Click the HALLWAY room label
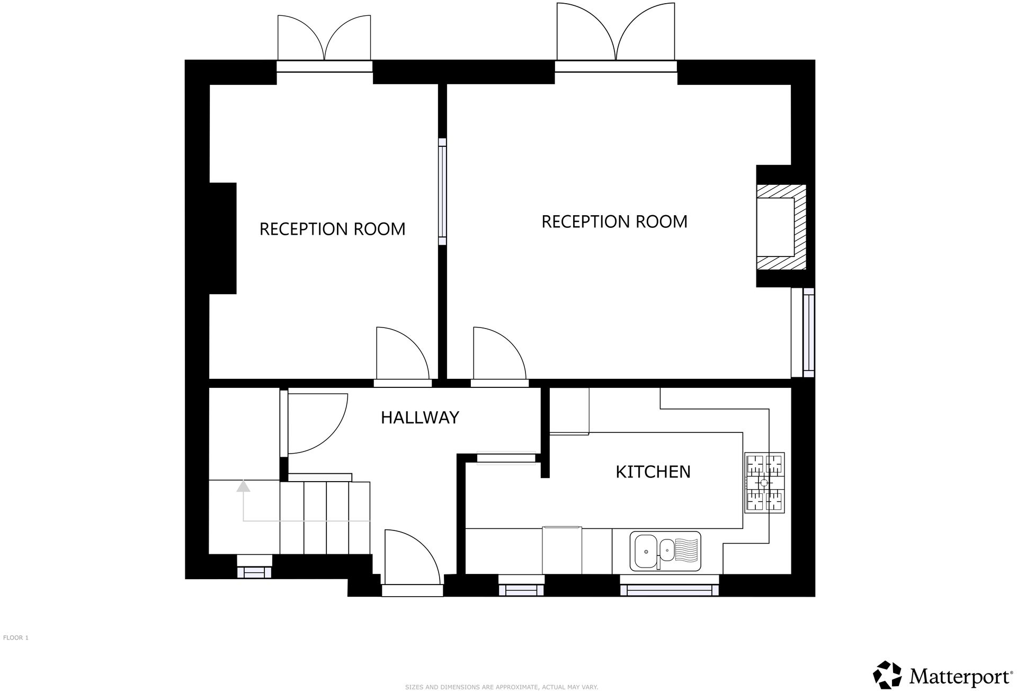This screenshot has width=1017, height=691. pos(420,418)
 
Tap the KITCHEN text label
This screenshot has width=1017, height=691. pos(653,472)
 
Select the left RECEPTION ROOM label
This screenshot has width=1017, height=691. pos(332,229)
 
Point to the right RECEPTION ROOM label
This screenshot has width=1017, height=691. pos(614,222)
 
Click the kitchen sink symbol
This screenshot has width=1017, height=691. pos(665,551)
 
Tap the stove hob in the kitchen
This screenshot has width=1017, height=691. pos(764,483)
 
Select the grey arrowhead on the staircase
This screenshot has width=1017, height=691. pos(243,485)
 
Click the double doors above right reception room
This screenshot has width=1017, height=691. pos(615,33)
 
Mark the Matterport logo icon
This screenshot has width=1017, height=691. pos(887,675)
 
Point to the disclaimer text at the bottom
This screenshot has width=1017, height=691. pos(501,687)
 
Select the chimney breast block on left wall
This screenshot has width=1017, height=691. pos(222,238)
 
